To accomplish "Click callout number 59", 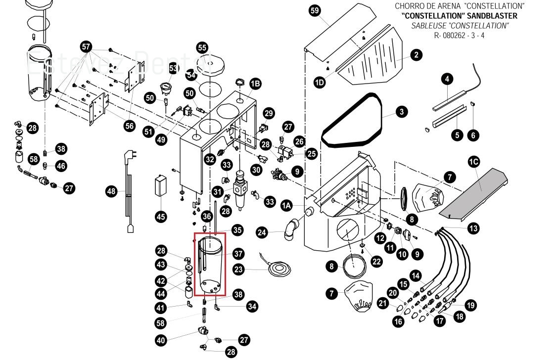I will coord(315,11).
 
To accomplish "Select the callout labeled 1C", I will coord(474,162).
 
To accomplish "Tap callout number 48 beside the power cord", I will coord(111,191).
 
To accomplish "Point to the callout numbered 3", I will coord(402,112).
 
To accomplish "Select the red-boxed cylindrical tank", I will coord(210,265).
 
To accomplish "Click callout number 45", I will coord(161,216).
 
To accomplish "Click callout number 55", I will coord(202,47).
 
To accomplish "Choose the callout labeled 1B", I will coord(255,84).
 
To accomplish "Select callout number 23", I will coord(238,270).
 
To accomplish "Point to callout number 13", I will coord(473,228).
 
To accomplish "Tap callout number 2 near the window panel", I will coord(416,55).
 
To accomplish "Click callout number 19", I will coord(470,305).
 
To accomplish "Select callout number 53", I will coord(173,68).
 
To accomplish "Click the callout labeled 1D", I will coord(320,82).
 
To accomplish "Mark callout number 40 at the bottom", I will coord(161,340).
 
